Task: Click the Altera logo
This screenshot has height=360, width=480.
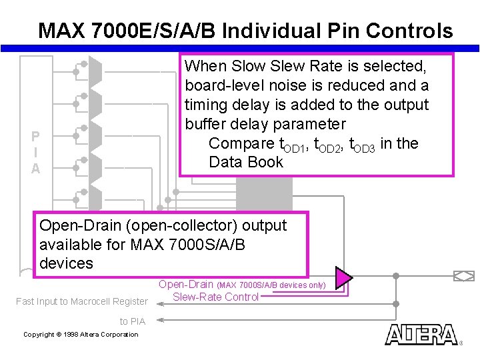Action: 421,334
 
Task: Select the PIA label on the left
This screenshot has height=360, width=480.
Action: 35,153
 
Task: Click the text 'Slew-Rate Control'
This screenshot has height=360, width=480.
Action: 215,297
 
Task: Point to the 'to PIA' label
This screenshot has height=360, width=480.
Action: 132,321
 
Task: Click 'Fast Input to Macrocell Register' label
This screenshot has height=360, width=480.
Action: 82,301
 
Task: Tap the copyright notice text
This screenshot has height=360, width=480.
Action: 81,334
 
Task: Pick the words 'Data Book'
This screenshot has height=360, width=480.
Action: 246,162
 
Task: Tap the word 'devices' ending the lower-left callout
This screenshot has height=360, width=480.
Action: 67,263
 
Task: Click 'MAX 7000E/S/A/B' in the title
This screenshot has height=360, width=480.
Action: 127,31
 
